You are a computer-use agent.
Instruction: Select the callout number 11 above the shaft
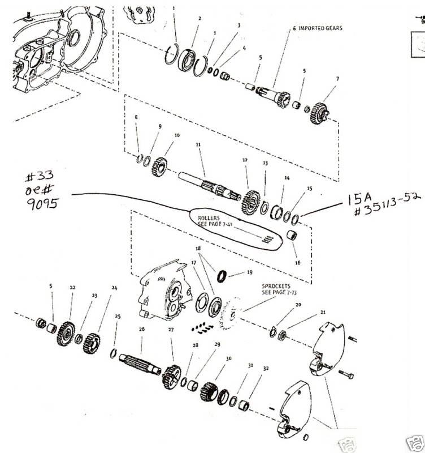click(x=198, y=146)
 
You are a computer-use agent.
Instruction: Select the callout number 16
click(x=298, y=263)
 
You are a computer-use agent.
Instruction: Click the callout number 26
click(x=141, y=330)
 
